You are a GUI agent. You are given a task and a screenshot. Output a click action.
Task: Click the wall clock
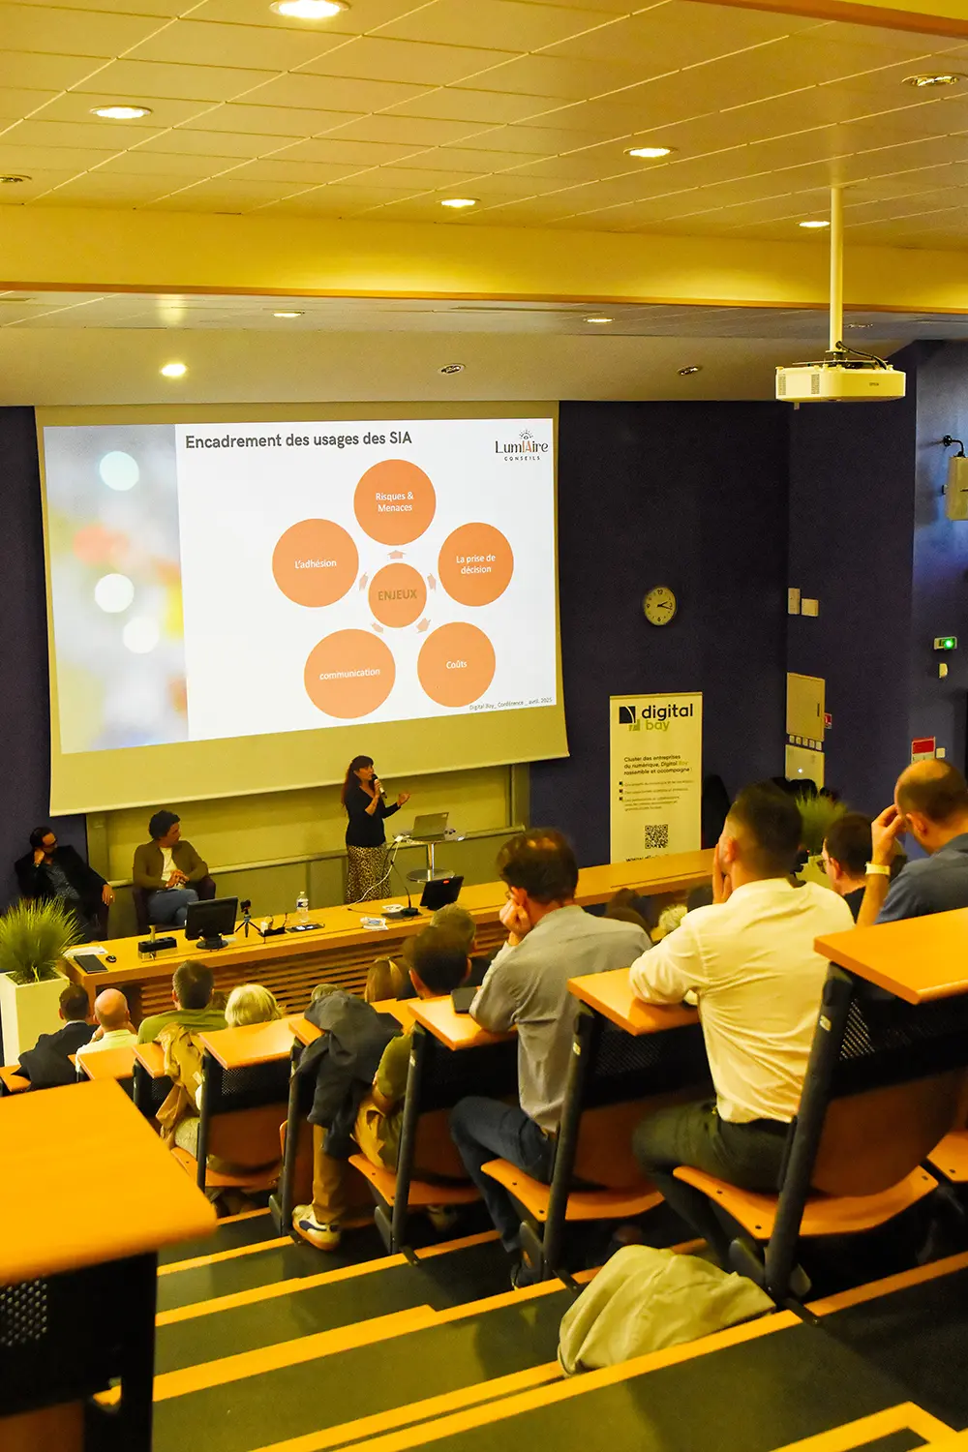pos(659,606)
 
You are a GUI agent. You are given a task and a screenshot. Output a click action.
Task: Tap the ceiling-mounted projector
pos(839,380)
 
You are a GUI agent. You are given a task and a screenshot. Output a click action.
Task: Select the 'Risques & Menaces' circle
pos(394,501)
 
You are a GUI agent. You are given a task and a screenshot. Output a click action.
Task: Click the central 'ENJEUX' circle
pos(397,594)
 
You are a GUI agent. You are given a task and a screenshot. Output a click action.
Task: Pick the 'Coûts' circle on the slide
pos(456,664)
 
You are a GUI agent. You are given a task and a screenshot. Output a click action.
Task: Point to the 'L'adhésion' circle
pos(316,563)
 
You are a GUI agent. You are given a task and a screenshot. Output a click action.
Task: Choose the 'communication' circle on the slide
pos(349,673)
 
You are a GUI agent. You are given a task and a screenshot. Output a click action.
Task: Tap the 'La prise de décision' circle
pos(475,563)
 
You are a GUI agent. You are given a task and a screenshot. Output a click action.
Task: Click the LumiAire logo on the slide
pos(521,446)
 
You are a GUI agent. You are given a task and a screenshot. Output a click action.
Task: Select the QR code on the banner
pos(656,836)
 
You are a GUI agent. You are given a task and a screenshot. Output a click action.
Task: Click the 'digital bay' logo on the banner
pos(657,716)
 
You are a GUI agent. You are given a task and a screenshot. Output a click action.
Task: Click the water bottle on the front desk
pos(302,908)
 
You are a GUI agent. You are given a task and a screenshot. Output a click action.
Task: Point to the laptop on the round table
pos(430,826)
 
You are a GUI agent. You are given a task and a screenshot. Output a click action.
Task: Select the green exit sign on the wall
pos(946,643)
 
